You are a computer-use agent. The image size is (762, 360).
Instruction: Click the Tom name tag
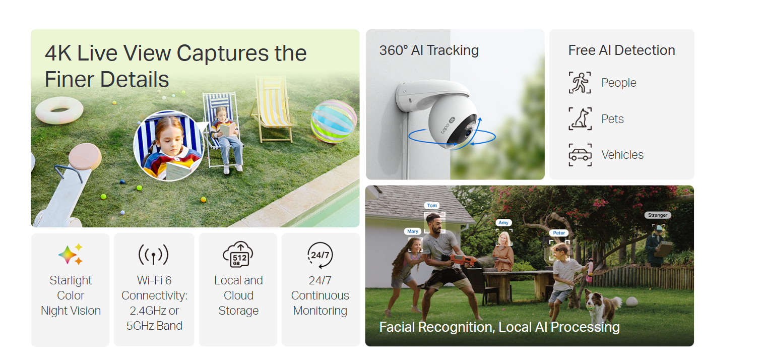coord(432,206)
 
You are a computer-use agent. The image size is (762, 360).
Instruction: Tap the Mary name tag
coord(412,231)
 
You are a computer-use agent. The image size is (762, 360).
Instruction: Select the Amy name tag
coord(503,223)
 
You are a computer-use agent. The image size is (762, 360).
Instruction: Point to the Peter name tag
coord(559,233)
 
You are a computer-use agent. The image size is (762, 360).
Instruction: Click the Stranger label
coord(658,215)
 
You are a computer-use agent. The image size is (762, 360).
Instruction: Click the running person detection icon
coord(580,83)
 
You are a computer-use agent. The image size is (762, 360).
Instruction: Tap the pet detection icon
coord(580,119)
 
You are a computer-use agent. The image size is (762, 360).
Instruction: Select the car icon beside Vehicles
coord(580,155)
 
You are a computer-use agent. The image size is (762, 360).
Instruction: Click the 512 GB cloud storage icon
coord(238,255)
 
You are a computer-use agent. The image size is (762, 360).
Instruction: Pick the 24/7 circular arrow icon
coord(320,255)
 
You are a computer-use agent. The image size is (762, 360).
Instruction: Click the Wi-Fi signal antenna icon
coord(153,255)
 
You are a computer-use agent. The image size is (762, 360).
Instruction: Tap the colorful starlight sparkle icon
coord(71,254)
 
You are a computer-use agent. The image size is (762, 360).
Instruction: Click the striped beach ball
coord(334,121)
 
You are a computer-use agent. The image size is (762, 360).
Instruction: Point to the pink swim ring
coord(59,110)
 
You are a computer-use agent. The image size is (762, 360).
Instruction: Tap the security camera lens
coord(468,133)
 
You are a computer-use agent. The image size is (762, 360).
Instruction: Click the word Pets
coord(612,119)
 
